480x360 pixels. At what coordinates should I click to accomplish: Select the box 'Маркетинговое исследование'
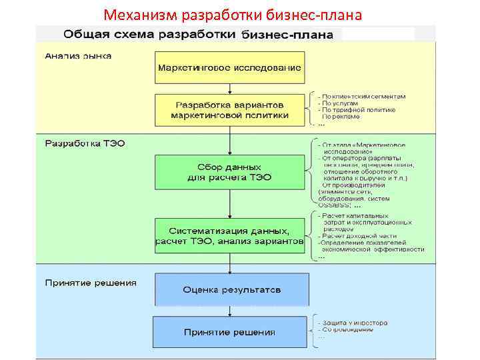229,67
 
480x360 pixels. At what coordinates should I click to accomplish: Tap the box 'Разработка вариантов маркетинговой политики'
229,110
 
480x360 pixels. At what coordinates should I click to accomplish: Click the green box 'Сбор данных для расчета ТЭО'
229,172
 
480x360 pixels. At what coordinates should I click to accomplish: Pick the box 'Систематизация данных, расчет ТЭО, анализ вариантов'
229,235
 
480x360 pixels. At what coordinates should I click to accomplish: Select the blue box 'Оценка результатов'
231,290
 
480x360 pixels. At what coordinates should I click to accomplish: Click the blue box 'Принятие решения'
229,332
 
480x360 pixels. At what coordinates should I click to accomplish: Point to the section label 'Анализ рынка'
78,56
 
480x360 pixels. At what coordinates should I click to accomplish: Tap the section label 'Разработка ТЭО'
85,143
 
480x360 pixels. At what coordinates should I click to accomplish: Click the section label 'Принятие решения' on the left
91,283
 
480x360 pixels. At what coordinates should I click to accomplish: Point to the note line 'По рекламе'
341,117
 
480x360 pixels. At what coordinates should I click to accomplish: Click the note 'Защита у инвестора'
353,323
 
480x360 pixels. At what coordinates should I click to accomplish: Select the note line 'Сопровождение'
346,330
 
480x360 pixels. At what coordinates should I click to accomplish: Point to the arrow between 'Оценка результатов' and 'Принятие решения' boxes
229,311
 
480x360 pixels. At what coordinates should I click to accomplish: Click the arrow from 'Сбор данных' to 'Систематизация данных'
229,203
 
